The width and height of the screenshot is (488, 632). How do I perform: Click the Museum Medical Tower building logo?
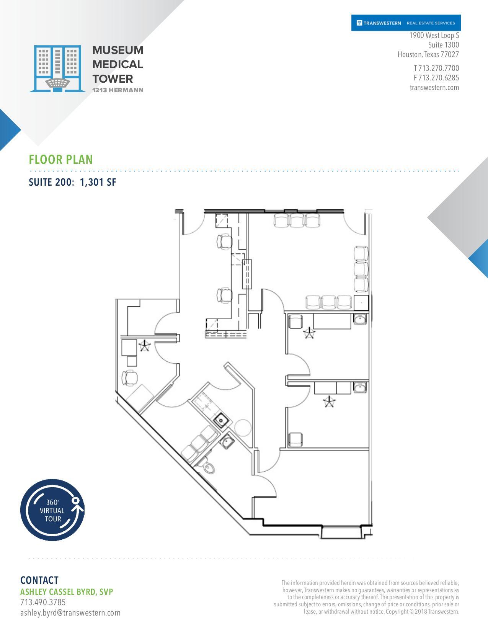point(57,69)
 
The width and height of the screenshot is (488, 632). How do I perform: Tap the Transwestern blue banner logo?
point(406,23)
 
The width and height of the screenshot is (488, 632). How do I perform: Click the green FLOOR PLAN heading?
point(61,159)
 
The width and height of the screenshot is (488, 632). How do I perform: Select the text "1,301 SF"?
point(98,182)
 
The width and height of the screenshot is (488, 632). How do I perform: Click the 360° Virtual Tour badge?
point(52,510)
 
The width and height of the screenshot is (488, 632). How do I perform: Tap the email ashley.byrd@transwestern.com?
point(70,612)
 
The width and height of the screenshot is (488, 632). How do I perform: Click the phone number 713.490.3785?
point(43,602)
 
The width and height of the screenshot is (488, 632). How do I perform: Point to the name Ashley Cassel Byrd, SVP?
point(67,592)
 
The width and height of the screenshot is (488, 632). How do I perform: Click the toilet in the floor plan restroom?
point(208,467)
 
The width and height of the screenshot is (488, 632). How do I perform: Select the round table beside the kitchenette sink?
point(242,427)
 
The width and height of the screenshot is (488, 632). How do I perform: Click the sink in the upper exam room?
point(360,319)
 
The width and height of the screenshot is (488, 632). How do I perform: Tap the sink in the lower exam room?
point(360,388)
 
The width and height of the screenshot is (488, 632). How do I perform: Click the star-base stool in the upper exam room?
point(308,333)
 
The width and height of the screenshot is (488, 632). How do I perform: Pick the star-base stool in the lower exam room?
point(328,402)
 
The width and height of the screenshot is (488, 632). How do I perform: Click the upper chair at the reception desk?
point(225,241)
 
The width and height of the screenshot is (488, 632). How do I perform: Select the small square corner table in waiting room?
point(361,302)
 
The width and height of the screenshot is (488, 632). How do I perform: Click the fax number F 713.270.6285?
point(436,78)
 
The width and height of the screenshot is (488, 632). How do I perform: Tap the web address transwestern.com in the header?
point(434,87)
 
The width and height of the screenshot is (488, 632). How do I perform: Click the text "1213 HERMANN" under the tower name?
point(118,90)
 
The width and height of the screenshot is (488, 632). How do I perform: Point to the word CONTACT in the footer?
point(39,580)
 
